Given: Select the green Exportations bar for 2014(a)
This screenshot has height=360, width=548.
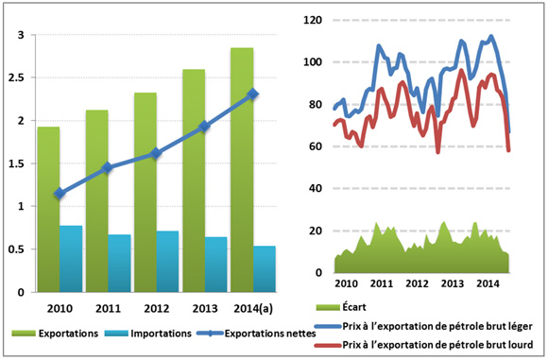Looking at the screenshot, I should click(241, 170).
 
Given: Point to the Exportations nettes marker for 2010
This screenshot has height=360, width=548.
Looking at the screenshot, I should click(60, 193).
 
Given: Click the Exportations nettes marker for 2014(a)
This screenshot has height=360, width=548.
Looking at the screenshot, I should click(252, 94).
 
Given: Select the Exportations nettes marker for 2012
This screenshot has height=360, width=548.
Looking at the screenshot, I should click(156, 153).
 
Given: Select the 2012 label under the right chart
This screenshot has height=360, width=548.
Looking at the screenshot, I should click(417, 283).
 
